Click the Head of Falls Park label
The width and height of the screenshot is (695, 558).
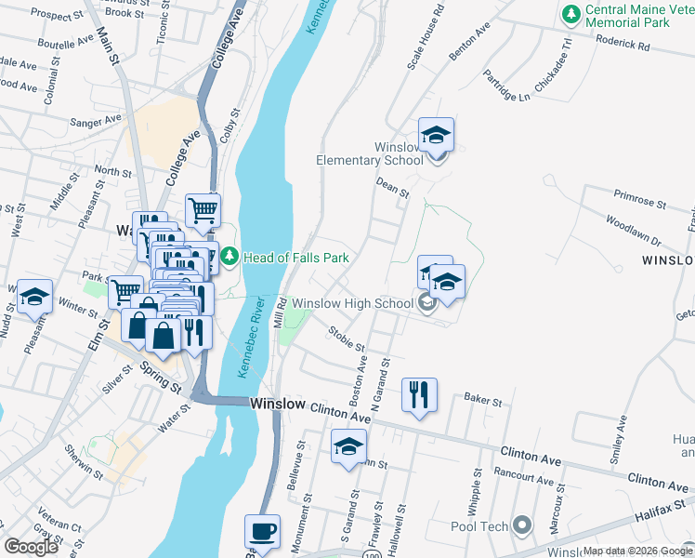point(295,258)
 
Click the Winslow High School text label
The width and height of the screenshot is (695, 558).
point(352,303)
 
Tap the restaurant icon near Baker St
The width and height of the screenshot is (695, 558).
point(419,394)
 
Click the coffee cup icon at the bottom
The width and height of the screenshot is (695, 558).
point(261,531)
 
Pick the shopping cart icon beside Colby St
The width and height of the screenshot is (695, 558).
point(203,209)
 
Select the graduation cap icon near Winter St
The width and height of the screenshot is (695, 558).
point(34,297)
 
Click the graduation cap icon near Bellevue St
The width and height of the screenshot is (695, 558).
point(348,446)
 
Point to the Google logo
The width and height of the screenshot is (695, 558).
point(32,547)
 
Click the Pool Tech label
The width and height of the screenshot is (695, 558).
point(479,526)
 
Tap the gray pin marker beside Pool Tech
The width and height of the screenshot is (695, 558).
point(521,526)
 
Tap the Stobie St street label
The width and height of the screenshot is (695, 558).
point(347,340)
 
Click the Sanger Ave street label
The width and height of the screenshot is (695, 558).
point(97,121)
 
